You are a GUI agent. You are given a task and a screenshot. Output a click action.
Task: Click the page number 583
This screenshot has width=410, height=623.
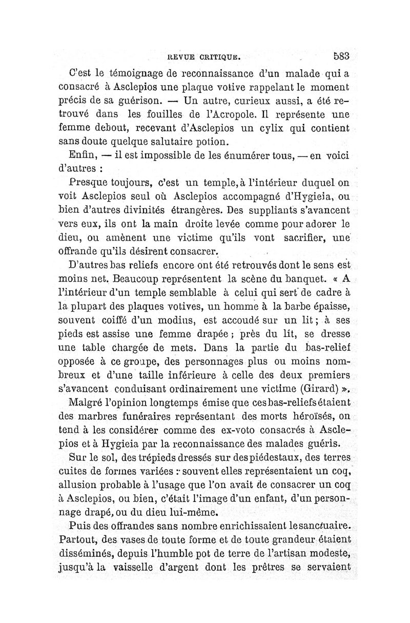pos(341,55)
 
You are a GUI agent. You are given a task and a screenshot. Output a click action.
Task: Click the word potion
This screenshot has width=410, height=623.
pos(213,140)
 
